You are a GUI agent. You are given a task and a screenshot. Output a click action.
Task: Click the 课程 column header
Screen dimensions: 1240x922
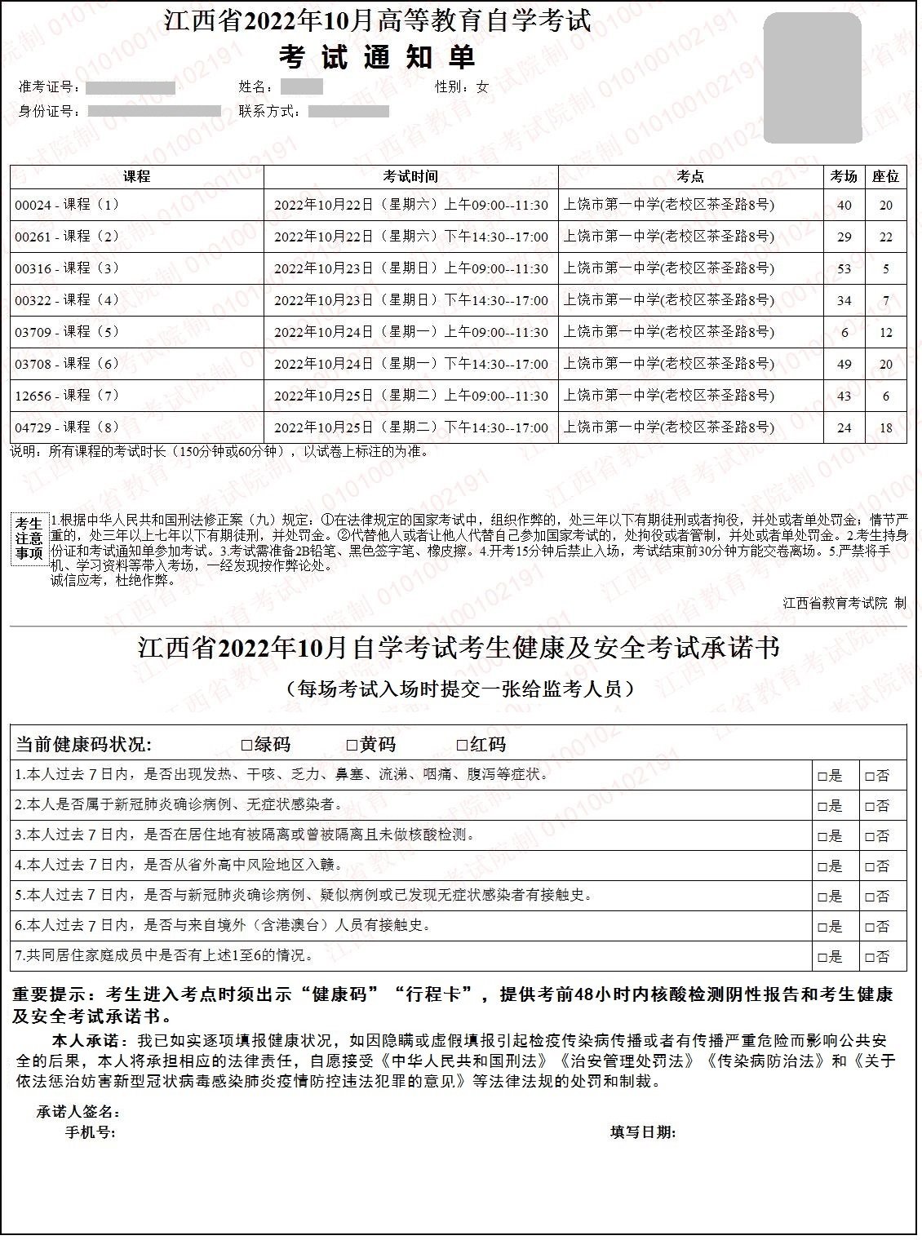click(x=136, y=176)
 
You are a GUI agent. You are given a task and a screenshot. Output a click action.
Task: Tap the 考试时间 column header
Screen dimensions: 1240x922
click(x=410, y=176)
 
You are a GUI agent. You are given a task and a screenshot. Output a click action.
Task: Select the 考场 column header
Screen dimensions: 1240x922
click(x=844, y=176)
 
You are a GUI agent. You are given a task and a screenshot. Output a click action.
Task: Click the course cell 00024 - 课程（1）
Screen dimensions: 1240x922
click(x=67, y=205)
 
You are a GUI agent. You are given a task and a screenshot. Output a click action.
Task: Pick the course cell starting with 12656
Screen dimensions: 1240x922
click(x=67, y=396)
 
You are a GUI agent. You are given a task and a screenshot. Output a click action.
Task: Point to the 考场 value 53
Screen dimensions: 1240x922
click(x=844, y=268)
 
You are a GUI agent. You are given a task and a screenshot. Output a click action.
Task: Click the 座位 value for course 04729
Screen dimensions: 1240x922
click(x=886, y=427)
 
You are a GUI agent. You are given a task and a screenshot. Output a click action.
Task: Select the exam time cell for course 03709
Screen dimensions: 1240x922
click(x=410, y=332)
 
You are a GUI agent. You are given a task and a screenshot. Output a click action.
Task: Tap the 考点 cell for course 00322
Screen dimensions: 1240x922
click(x=669, y=300)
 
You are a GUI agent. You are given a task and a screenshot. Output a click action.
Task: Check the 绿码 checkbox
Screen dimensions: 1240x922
click(x=247, y=745)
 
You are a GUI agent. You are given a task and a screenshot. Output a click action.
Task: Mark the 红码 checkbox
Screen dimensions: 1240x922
click(x=462, y=745)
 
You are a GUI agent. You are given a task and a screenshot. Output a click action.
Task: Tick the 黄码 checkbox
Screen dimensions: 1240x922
click(x=352, y=745)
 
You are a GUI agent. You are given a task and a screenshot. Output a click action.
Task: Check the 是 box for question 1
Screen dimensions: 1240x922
click(x=822, y=777)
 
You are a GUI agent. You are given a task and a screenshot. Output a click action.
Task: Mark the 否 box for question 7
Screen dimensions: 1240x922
click(x=870, y=958)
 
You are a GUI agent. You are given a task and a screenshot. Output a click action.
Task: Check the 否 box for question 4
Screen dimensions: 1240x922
click(x=870, y=867)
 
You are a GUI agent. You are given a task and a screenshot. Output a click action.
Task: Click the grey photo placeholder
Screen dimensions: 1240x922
click(x=812, y=77)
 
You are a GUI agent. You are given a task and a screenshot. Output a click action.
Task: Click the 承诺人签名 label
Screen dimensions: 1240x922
click(x=79, y=1112)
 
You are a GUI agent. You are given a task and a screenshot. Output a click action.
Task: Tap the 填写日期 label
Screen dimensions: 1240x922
click(x=643, y=1132)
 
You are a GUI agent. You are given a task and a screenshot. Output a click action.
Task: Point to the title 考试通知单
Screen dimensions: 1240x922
click(x=376, y=57)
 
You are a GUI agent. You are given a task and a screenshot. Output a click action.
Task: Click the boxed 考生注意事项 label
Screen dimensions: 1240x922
click(x=29, y=538)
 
